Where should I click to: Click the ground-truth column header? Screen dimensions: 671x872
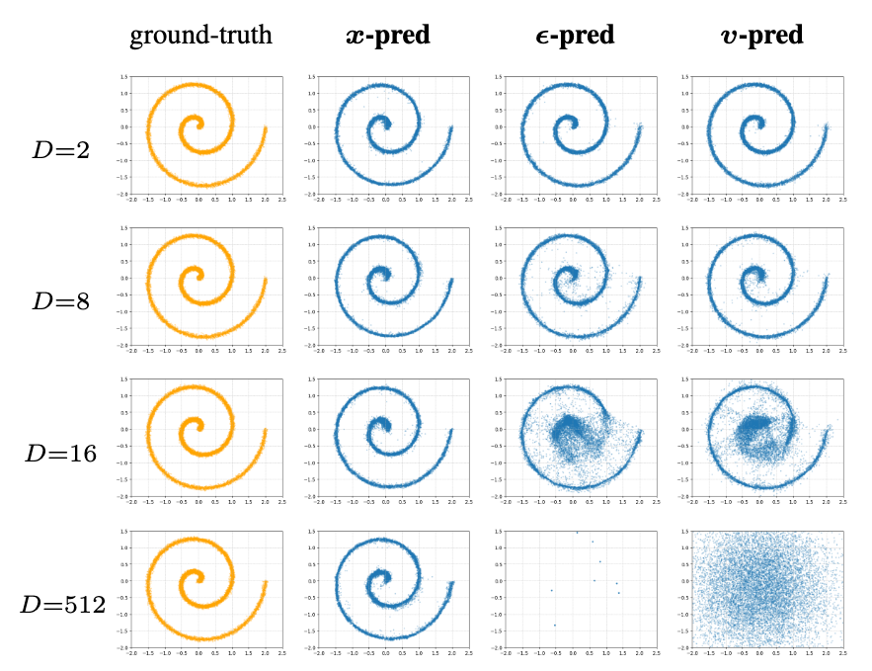(200, 38)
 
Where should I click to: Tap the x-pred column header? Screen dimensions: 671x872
(387, 38)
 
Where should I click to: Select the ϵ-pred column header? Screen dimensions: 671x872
(571, 38)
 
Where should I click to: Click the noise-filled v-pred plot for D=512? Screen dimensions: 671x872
(759, 590)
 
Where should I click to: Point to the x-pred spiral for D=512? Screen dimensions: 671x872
(387, 590)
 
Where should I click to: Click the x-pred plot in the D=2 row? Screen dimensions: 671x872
(387, 133)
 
